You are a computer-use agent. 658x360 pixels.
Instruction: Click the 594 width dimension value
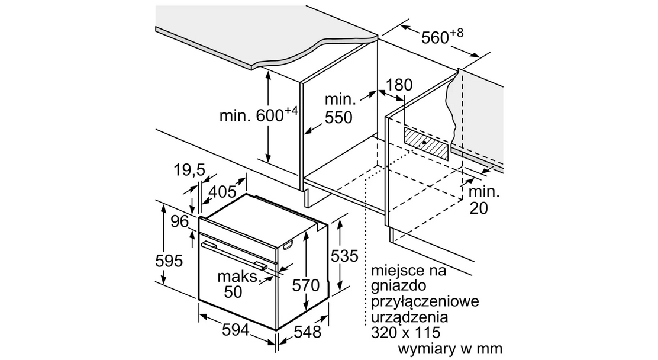(x=236, y=330)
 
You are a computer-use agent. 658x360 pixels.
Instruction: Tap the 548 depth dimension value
(x=307, y=332)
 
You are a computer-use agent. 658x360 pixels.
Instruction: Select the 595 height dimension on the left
(x=169, y=261)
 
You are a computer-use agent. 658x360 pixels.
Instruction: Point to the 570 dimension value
(x=306, y=285)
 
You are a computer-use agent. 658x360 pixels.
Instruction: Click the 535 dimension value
(x=344, y=256)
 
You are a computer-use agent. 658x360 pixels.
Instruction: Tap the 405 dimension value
(x=222, y=192)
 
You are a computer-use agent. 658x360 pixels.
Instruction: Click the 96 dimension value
(x=180, y=221)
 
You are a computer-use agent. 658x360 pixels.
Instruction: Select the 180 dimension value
(x=399, y=85)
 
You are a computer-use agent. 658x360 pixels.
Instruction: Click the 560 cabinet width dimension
(x=442, y=37)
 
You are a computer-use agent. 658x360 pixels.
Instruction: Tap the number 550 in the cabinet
(x=338, y=118)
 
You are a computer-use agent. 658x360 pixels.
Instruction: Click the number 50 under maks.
(x=233, y=292)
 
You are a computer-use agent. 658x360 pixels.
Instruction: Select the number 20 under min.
(x=478, y=208)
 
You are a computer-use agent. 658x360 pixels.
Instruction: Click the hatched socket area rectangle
(x=426, y=144)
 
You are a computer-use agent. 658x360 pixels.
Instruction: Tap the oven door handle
(x=233, y=254)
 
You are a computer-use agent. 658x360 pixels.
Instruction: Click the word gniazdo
(x=392, y=286)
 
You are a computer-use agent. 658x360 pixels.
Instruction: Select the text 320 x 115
(x=406, y=333)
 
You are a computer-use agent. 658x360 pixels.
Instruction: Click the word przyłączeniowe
(x=425, y=301)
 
